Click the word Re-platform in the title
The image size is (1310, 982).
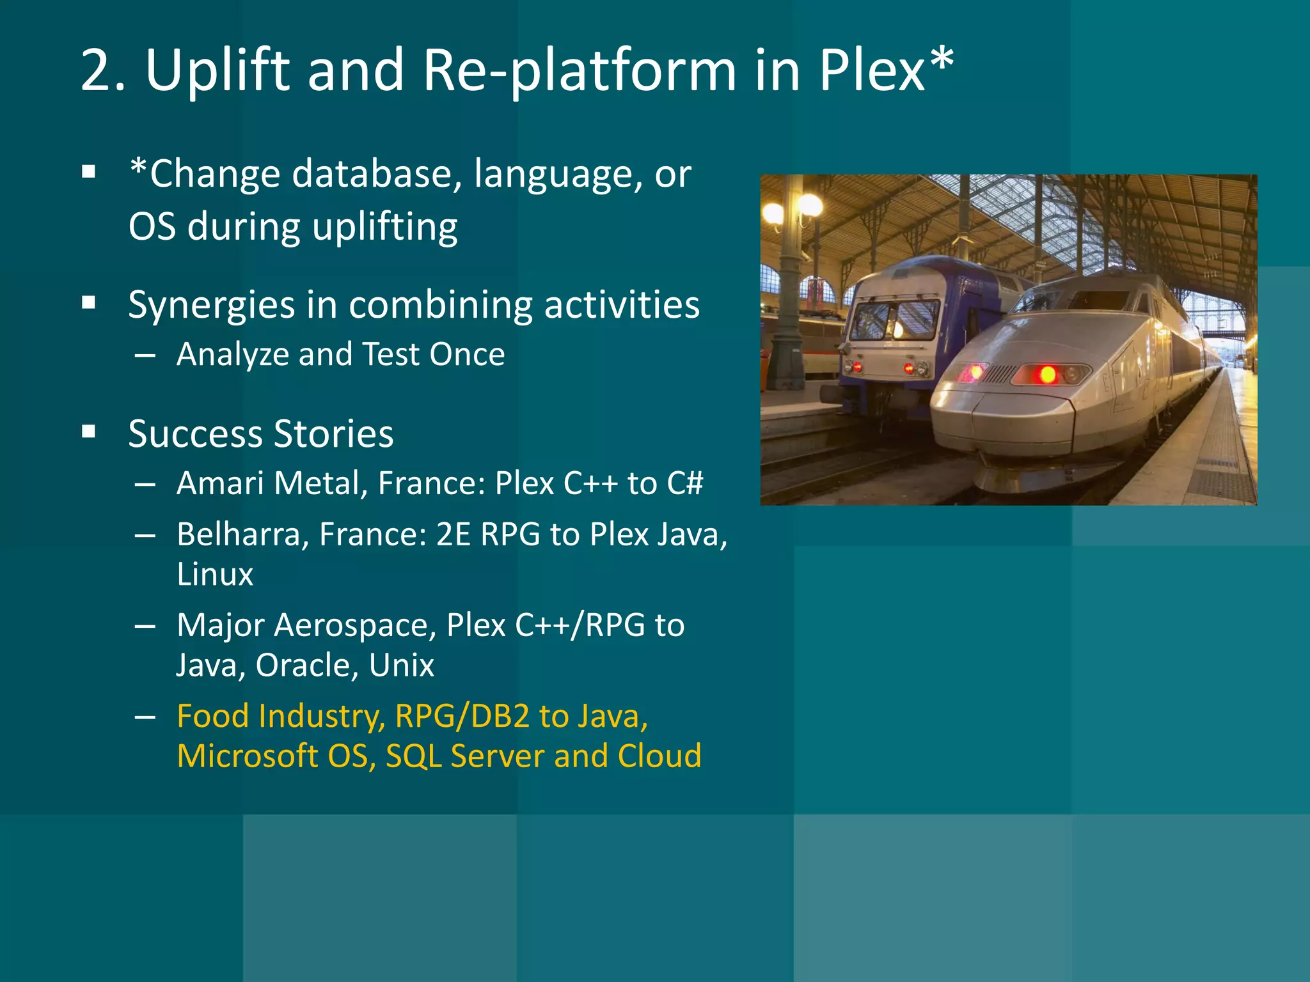(579, 70)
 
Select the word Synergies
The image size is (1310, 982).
(211, 306)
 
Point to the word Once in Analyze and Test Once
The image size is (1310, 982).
(467, 354)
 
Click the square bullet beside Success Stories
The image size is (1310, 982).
(89, 433)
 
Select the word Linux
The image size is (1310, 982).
(215, 574)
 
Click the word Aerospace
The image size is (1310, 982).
(355, 625)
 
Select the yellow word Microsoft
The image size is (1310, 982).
(246, 756)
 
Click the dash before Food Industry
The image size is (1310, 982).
(145, 717)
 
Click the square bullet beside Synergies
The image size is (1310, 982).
(89, 303)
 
